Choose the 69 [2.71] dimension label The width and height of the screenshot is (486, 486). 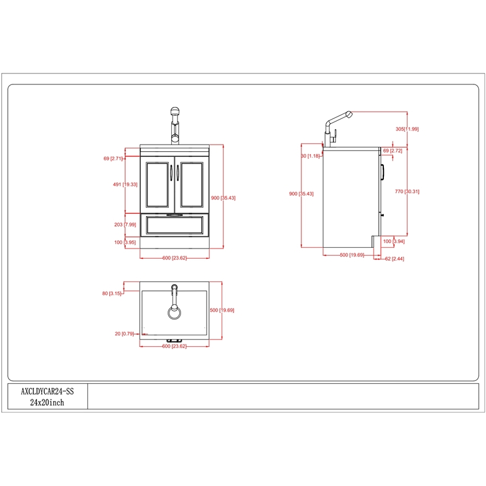113,159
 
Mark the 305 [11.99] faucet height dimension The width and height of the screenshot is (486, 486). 407,129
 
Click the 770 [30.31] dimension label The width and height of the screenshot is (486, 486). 407,192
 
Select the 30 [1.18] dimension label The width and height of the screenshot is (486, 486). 310,156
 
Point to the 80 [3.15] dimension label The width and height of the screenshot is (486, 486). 112,293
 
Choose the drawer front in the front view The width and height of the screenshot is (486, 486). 175,226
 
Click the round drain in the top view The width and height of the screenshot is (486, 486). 174,312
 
